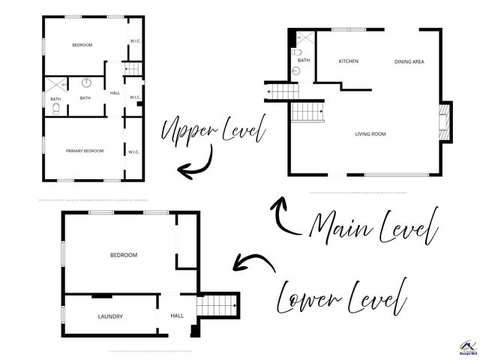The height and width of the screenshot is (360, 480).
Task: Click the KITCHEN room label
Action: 348,61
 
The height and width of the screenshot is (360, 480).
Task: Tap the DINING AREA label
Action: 409,61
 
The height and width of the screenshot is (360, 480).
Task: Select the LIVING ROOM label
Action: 370,134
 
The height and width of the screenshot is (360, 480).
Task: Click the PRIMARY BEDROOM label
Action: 84,151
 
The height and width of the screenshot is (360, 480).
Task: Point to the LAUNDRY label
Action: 110,316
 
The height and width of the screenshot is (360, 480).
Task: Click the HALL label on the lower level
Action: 177,316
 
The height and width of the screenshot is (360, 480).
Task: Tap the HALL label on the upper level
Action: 115,93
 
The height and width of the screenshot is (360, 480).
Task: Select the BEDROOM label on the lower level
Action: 124,256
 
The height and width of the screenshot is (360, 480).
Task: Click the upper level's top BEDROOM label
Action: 82,45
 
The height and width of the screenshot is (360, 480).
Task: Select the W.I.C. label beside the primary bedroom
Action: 133,152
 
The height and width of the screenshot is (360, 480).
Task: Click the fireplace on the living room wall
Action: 445,121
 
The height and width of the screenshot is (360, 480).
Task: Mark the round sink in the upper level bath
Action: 86,82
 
